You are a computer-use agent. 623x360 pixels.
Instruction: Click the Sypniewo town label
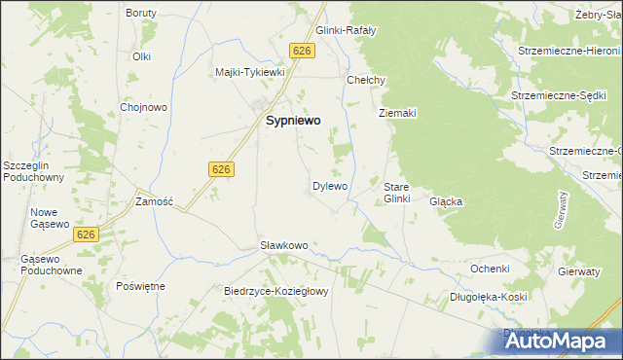click(x=294, y=122)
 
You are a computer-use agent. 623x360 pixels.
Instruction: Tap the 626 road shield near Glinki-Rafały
click(x=302, y=51)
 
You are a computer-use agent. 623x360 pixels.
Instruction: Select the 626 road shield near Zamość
click(x=220, y=169)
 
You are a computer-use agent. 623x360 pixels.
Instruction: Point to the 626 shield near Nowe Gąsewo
click(x=86, y=234)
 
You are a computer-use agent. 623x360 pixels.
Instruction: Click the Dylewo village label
click(x=329, y=185)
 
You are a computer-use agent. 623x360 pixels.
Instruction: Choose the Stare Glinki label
click(x=398, y=192)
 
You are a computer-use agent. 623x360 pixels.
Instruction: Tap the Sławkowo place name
click(x=283, y=245)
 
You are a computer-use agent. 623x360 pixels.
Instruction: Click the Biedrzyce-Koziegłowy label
click(x=278, y=291)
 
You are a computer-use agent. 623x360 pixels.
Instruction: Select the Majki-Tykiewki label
click(x=249, y=72)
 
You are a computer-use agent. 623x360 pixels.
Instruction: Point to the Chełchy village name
click(x=367, y=80)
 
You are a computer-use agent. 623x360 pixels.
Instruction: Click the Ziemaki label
click(x=397, y=113)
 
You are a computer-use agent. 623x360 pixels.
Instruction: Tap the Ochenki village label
click(x=490, y=268)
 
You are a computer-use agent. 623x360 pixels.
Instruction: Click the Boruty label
click(x=142, y=13)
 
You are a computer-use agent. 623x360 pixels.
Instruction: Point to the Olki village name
click(x=142, y=56)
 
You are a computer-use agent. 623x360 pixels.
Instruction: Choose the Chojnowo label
click(x=139, y=107)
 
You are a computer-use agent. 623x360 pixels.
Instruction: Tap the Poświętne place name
click(x=140, y=286)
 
